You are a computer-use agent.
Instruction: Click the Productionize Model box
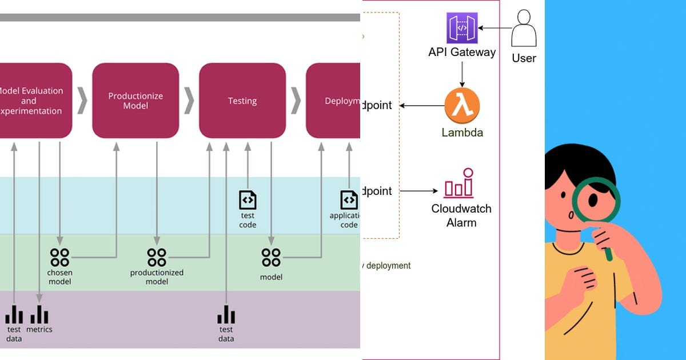tap(135, 101)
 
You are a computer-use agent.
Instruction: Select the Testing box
tap(242, 101)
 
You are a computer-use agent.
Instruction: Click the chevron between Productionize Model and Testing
tap(189, 101)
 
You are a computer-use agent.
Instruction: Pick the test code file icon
tap(248, 200)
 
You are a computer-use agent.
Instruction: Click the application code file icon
tap(349, 200)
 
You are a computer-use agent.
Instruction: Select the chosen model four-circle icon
tap(59, 257)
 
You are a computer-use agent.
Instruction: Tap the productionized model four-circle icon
tap(156, 257)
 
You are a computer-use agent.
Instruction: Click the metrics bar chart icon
tap(39, 314)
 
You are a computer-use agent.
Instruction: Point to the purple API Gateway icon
tap(462, 27)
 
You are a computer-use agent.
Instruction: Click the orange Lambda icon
tap(462, 106)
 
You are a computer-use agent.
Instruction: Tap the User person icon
tap(524, 29)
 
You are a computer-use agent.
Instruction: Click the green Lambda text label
tap(462, 133)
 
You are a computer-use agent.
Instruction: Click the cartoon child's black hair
tap(577, 166)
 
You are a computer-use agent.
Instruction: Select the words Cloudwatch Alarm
tap(461, 215)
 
